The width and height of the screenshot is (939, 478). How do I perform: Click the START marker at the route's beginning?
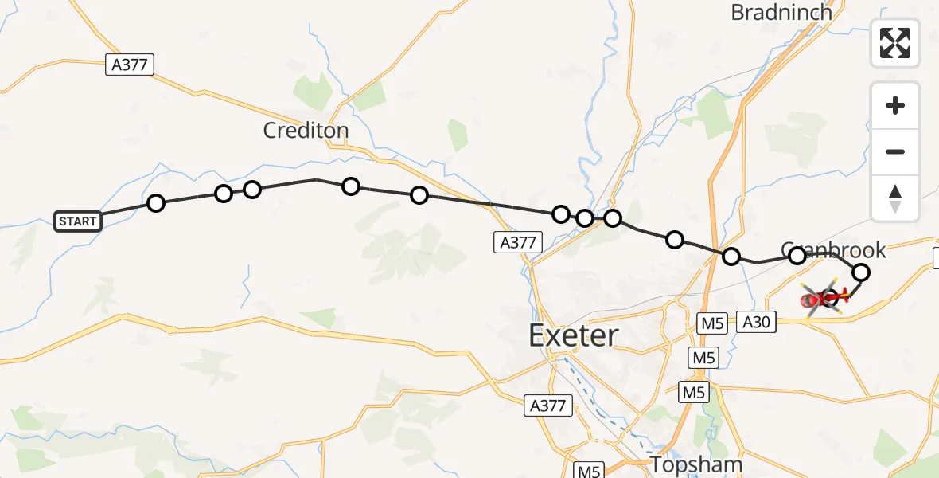click(78, 221)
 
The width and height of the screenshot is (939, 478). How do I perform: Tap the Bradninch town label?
click(781, 12)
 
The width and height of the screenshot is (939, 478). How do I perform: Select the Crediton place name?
click(306, 131)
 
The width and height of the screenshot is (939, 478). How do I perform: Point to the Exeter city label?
click(573, 335)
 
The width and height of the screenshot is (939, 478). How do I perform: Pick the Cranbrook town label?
click(834, 250)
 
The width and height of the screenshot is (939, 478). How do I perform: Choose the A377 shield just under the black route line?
click(517, 242)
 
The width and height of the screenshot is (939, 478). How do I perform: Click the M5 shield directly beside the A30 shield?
click(711, 323)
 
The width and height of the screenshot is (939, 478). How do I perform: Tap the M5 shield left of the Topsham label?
click(589, 471)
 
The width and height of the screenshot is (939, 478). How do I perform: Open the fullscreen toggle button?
click(895, 43)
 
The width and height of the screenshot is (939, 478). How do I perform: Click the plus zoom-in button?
click(895, 105)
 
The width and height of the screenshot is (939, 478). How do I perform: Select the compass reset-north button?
click(895, 198)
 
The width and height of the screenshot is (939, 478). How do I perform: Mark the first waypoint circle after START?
click(156, 203)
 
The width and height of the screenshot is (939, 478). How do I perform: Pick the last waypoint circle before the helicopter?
click(861, 273)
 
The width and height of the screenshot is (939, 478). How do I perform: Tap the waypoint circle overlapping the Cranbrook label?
click(797, 256)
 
